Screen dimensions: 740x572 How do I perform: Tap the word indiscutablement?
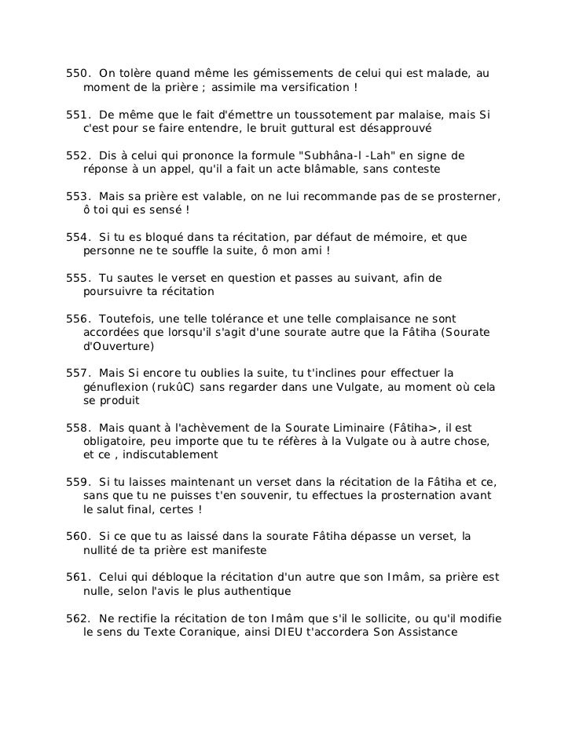[x=167, y=455]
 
